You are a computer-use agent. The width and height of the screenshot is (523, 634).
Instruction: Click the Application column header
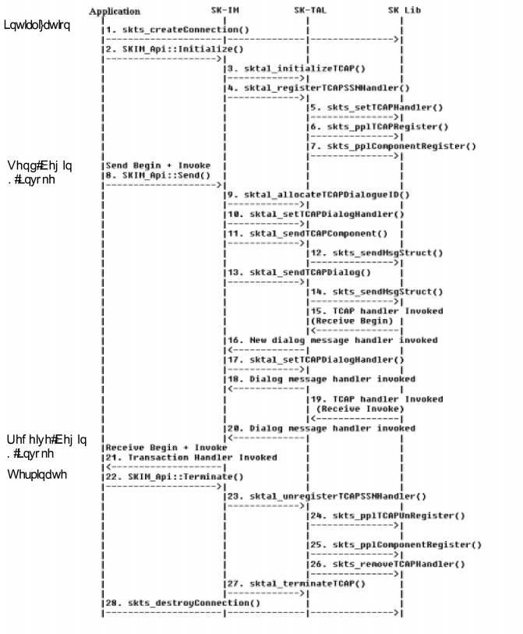click(115, 11)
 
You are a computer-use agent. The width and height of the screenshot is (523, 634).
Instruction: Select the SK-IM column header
click(225, 10)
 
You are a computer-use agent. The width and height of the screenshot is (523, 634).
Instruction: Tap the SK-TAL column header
click(309, 10)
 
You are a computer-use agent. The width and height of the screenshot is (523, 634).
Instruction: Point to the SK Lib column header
click(405, 10)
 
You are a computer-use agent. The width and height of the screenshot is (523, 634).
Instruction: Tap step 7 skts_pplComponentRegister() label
click(394, 146)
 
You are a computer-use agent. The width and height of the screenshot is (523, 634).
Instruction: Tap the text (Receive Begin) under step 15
click(355, 321)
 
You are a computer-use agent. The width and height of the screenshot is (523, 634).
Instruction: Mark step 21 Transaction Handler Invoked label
click(191, 457)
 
